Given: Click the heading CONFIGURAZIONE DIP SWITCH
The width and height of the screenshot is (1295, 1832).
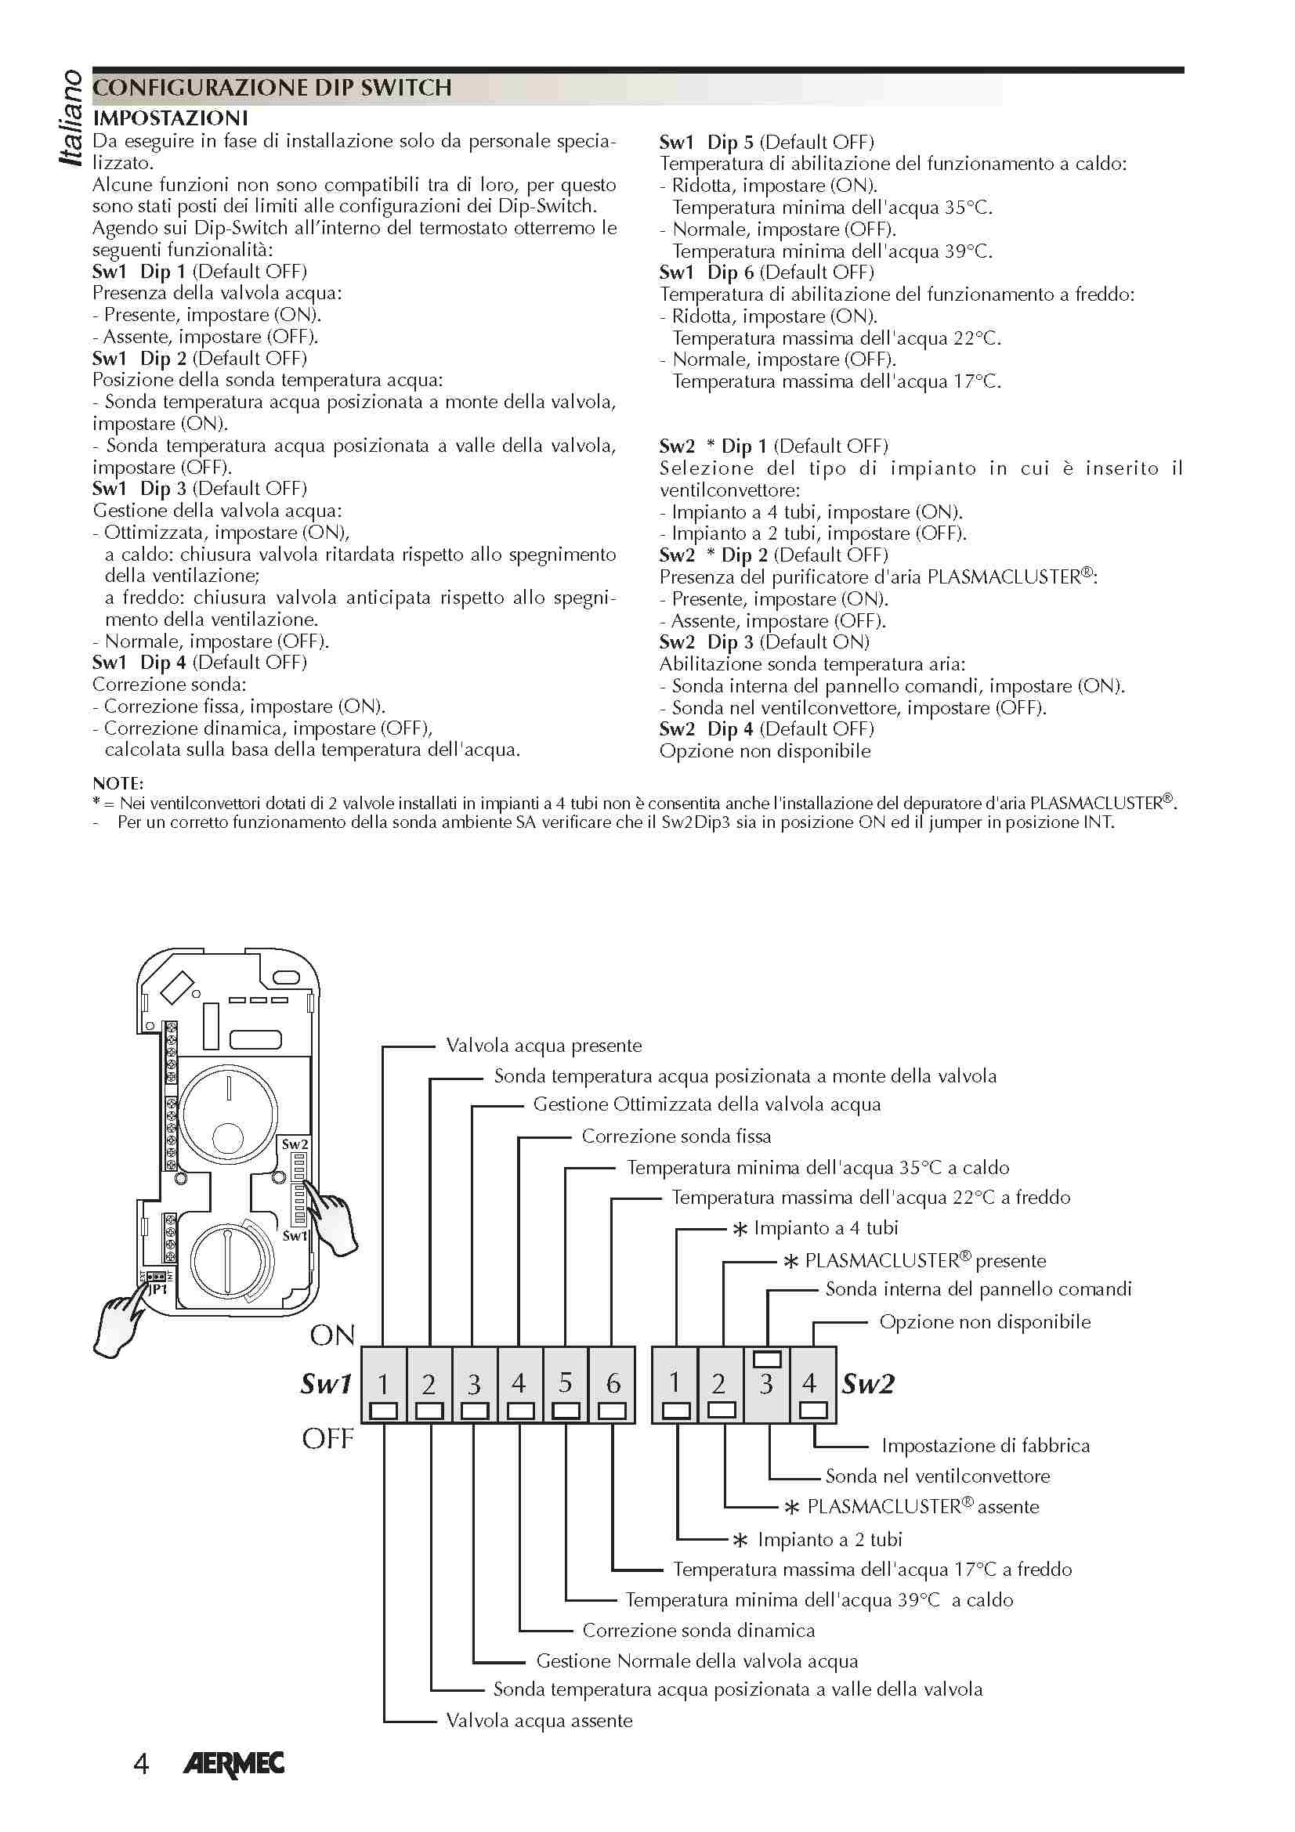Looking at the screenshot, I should tap(272, 87).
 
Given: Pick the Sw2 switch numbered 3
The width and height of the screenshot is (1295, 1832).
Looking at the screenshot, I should tap(767, 1383).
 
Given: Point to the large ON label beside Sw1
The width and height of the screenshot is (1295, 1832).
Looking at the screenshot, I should tap(332, 1335).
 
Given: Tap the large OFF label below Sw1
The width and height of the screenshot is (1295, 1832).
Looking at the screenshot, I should tap(327, 1440).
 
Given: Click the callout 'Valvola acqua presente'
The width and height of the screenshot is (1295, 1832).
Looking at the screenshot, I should tap(544, 1046).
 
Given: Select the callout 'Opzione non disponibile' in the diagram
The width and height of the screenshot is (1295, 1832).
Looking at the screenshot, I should tap(985, 1322).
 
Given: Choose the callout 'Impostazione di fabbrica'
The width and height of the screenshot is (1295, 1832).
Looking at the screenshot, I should tap(986, 1446).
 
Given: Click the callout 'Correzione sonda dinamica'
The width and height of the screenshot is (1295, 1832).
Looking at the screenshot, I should tap(698, 1630).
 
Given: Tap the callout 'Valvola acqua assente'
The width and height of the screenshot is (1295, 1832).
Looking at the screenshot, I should tap(538, 1721).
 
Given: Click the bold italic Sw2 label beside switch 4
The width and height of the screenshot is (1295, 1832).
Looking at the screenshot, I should tap(868, 1383).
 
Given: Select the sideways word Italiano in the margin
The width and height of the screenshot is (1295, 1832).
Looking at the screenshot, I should tap(71, 118).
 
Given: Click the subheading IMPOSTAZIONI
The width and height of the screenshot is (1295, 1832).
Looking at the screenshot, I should tap(170, 118).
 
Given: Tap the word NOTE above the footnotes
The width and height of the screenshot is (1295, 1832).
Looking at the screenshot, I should tap(118, 783).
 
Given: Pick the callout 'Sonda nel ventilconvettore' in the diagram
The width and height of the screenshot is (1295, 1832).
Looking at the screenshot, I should tap(938, 1476).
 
